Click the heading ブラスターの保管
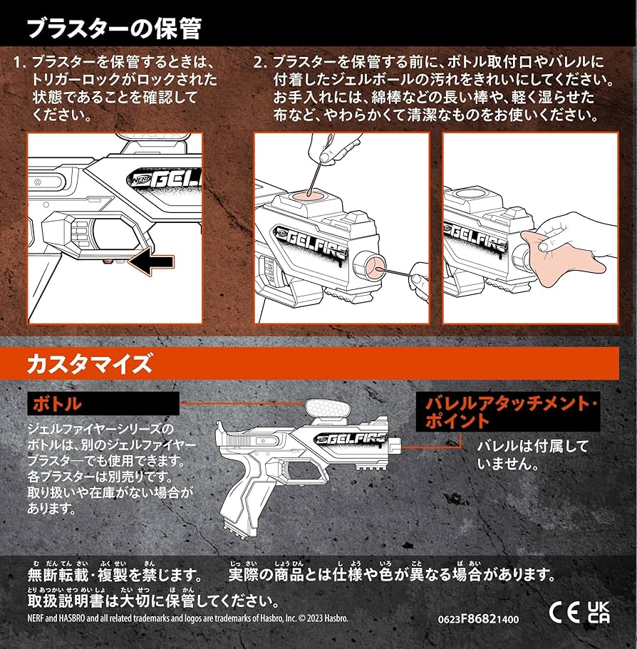click(114, 28)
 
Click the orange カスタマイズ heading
click(90, 365)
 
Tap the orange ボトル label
click(56, 404)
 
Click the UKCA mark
click(598, 612)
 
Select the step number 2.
click(260, 62)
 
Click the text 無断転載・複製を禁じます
click(114, 574)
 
